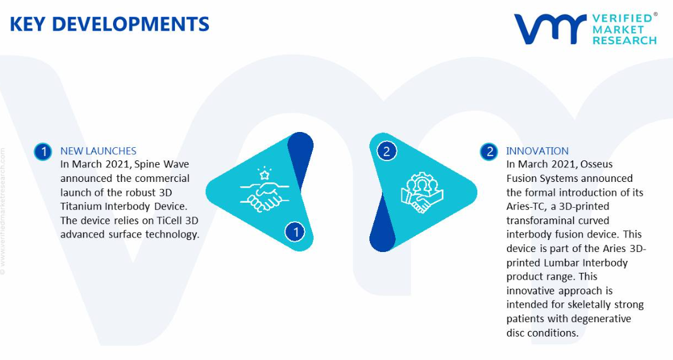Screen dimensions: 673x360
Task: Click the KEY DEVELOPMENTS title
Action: coord(109,24)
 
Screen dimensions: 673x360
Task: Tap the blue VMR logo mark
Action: coord(550,29)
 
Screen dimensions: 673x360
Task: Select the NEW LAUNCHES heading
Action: coord(98,151)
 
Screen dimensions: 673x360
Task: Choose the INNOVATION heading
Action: coord(537,151)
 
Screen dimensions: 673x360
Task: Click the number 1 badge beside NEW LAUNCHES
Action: coord(43,152)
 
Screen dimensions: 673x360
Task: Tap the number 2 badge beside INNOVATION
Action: coord(489,152)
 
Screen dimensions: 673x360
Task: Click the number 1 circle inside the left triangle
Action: coord(295,232)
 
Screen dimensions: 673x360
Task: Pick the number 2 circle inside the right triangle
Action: coord(386,151)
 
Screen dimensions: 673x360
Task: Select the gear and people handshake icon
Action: coord(422,193)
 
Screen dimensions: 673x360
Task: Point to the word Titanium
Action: coord(81,206)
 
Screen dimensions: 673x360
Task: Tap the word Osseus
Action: coord(597,164)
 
